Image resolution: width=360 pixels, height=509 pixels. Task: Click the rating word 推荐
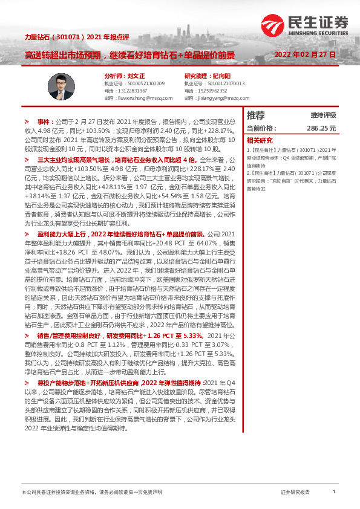[x=256, y=115]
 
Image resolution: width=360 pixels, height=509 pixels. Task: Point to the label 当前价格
[x=261, y=129]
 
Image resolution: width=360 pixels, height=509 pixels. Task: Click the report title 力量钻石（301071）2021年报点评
[x=68, y=37]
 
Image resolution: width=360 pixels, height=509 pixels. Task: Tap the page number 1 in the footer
[x=334, y=493]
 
